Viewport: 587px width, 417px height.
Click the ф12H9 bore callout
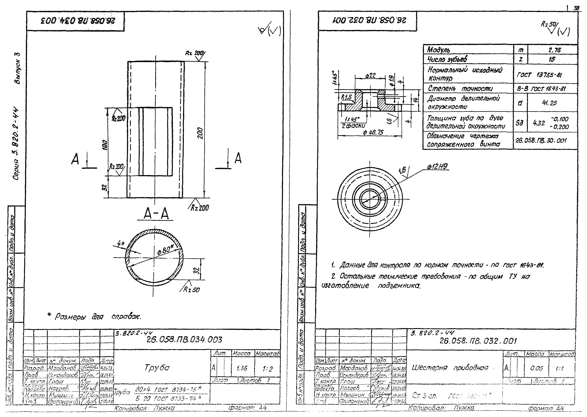coord(437,166)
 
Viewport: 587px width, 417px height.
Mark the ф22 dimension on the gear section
coord(370,76)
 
